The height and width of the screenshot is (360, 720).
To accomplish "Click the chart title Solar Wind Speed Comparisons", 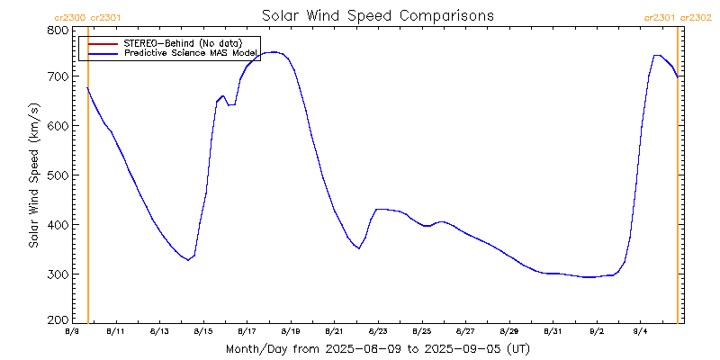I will [x=377, y=15].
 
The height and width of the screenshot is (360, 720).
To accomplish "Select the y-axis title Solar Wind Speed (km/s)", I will [x=33, y=175].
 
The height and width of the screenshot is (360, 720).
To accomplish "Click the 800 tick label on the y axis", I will [x=58, y=30].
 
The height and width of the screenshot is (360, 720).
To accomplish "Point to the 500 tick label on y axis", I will [x=58, y=175].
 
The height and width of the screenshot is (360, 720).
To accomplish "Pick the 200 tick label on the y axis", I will [x=58, y=320].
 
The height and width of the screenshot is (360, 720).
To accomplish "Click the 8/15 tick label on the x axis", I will [x=202, y=331].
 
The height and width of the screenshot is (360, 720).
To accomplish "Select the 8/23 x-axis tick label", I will [x=378, y=331].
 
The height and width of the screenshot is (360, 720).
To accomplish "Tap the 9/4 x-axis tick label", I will [x=641, y=331].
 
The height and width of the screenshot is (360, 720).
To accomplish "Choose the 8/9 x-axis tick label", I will [x=72, y=331].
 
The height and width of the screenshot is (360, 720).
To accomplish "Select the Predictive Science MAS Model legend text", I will [x=190, y=53].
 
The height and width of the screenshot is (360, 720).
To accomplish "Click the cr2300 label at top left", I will [x=70, y=17].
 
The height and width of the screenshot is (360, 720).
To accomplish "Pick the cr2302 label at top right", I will [x=696, y=17].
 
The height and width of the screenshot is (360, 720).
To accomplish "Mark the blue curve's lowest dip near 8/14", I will [x=187, y=260].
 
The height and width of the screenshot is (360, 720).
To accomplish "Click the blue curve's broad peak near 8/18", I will [x=273, y=52].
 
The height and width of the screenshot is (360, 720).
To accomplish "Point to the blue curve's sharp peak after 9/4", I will [x=657, y=56].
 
